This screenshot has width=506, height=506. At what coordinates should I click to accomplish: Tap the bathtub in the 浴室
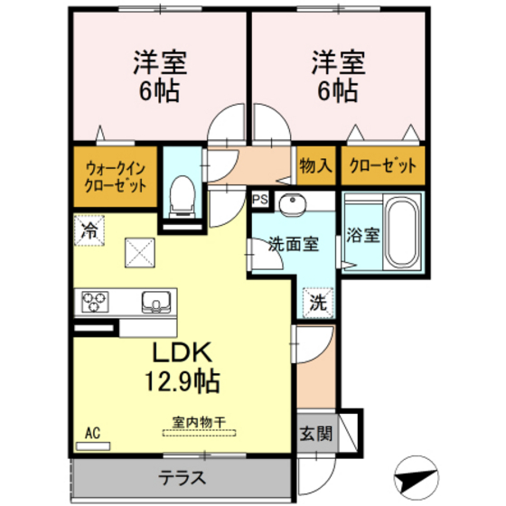(399, 232)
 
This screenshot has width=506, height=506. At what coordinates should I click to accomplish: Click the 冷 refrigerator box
(89, 230)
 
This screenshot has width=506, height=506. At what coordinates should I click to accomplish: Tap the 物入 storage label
(315, 165)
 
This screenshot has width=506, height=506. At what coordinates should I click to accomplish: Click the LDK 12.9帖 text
(185, 366)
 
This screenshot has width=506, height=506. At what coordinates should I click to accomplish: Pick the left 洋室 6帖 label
(159, 76)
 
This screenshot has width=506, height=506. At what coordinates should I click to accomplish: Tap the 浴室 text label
(363, 233)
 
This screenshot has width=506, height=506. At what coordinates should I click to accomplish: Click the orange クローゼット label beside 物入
(383, 165)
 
